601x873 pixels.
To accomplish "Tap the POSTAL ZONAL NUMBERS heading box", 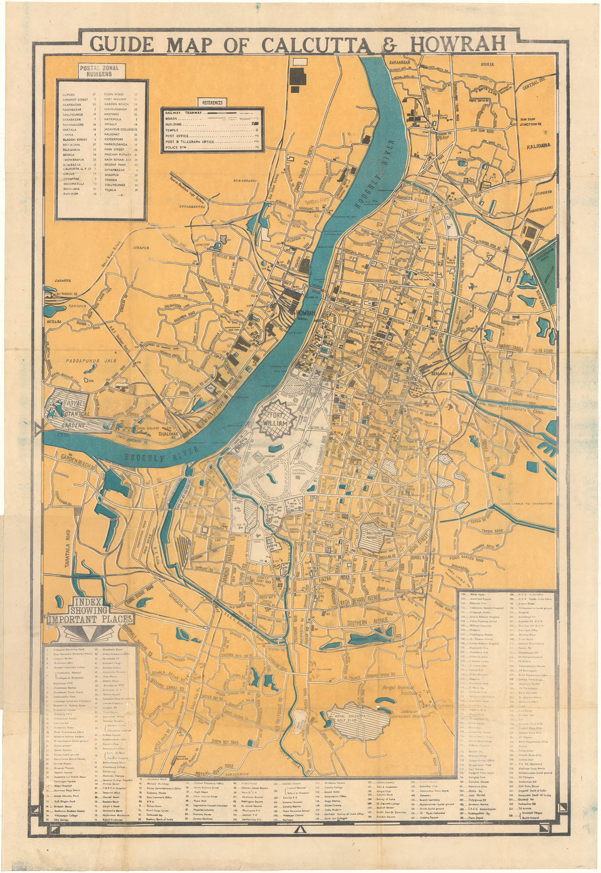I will (x=102, y=71).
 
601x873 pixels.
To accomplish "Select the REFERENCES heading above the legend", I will (x=211, y=102).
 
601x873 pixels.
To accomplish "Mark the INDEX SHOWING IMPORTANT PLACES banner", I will (x=90, y=613).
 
